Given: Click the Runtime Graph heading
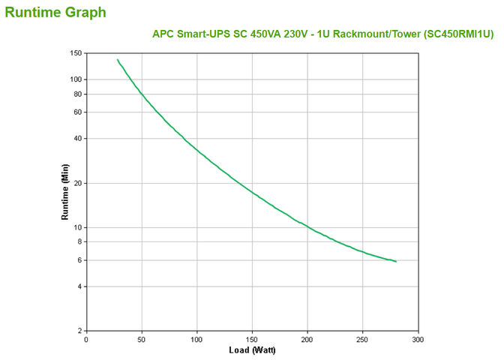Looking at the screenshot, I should [55, 12].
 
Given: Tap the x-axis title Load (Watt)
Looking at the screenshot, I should [251, 350].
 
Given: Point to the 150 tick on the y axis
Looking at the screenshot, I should [76, 53].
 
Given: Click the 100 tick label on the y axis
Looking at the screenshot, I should [76, 79].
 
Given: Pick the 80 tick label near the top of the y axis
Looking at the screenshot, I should [77, 94].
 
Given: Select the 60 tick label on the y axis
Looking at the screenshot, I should [77, 112].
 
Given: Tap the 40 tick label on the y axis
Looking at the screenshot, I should [77, 139].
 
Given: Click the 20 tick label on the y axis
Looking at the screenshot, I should [77, 183].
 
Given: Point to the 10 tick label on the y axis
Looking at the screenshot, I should [77, 227].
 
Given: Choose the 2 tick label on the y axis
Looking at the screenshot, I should [79, 331].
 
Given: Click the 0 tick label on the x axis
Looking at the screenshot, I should [86, 340].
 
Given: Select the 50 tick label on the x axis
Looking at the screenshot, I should [142, 340].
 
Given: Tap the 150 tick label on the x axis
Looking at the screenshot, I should [252, 340].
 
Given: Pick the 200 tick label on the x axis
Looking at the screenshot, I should [307, 340].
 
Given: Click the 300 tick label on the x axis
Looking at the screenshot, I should [418, 340].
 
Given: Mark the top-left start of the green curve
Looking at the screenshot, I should [117, 59].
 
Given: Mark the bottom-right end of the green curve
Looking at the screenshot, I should [396, 262].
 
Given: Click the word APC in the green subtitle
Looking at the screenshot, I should [163, 34].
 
